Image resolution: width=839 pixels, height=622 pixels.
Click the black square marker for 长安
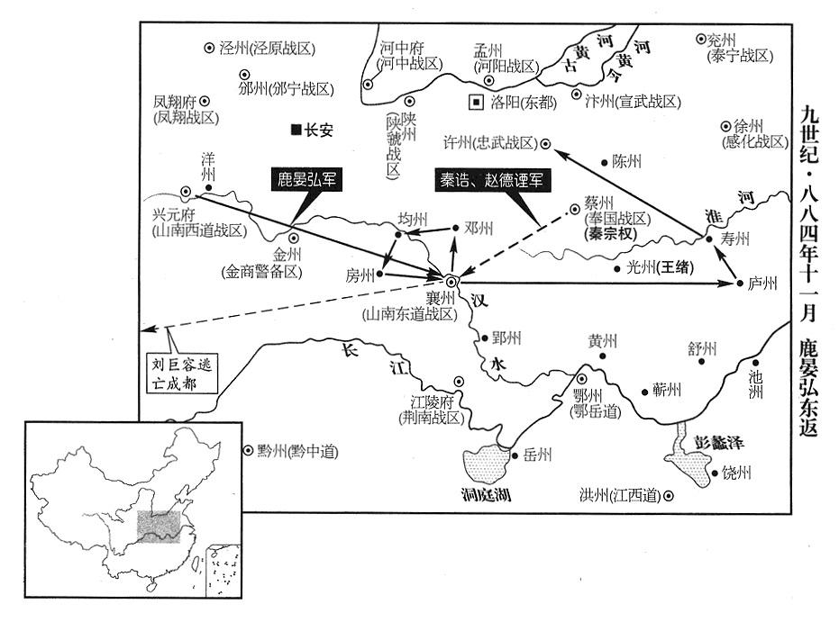coord(295,130)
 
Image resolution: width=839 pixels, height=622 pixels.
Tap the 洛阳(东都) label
coord(524,103)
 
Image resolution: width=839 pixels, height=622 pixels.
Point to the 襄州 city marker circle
coord(451,282)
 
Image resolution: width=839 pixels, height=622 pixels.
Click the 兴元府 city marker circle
coord(186,192)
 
